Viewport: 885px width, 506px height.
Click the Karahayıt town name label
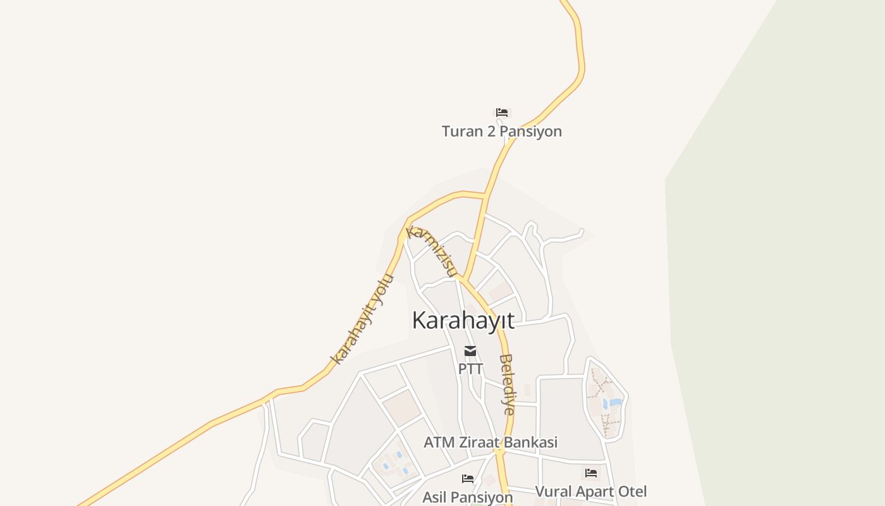[463, 320]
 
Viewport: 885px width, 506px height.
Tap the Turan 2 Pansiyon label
[501, 132]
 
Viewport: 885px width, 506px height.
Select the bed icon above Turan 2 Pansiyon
[502, 113]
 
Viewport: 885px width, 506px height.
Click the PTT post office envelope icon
[470, 351]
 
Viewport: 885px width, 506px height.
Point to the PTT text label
[470, 369]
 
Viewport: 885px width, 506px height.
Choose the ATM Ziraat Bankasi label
[491, 443]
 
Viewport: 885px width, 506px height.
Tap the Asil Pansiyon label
[467, 497]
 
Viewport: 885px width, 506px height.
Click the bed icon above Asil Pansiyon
[468, 479]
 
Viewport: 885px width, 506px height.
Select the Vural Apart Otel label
[590, 491]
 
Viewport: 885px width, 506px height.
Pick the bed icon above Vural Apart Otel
[591, 472]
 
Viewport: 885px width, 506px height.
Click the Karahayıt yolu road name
[362, 319]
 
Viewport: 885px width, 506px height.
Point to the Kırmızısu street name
[431, 250]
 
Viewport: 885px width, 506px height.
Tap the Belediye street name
[507, 384]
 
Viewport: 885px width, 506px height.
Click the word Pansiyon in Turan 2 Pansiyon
[530, 132]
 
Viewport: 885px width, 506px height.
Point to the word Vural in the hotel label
[552, 491]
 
